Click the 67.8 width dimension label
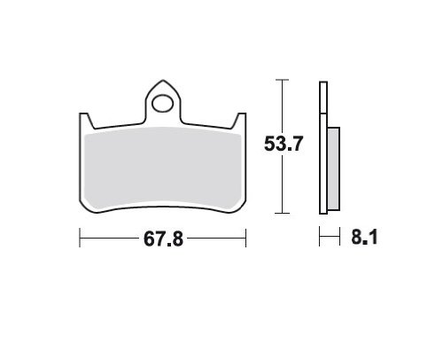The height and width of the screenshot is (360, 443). (x=163, y=239)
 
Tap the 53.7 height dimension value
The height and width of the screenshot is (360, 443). (x=284, y=144)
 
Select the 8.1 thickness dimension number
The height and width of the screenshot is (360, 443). (x=364, y=237)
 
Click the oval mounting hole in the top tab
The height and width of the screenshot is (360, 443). (x=163, y=104)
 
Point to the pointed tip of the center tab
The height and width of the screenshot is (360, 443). (x=163, y=80)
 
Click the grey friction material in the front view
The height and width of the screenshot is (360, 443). (x=163, y=168)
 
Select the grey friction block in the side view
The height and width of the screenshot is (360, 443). (x=333, y=168)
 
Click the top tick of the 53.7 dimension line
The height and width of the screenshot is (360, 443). (x=282, y=80)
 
